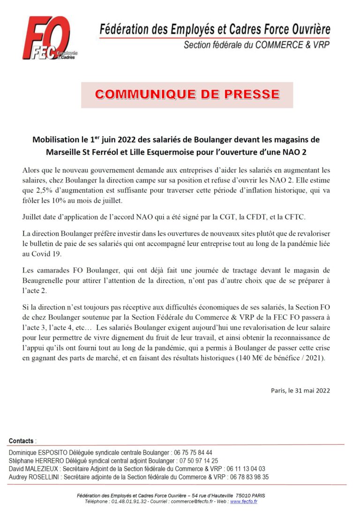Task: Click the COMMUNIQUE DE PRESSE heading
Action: click(187, 94)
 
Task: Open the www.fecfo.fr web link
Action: click(243, 501)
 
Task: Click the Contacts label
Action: click(21, 441)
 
